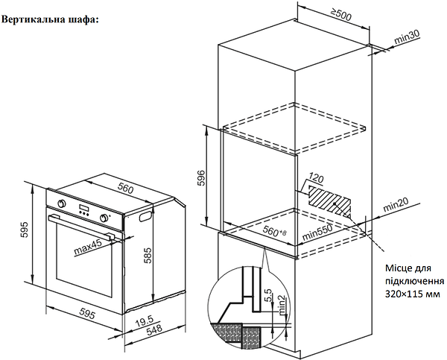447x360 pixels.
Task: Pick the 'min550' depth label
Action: (x=316, y=235)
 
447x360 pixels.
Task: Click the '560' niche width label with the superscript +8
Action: (x=276, y=233)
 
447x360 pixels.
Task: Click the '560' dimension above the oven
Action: (x=124, y=189)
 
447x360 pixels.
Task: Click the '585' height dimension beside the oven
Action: (x=148, y=257)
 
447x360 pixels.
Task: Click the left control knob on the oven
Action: (x=61, y=203)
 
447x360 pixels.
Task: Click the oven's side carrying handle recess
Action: (x=142, y=218)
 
